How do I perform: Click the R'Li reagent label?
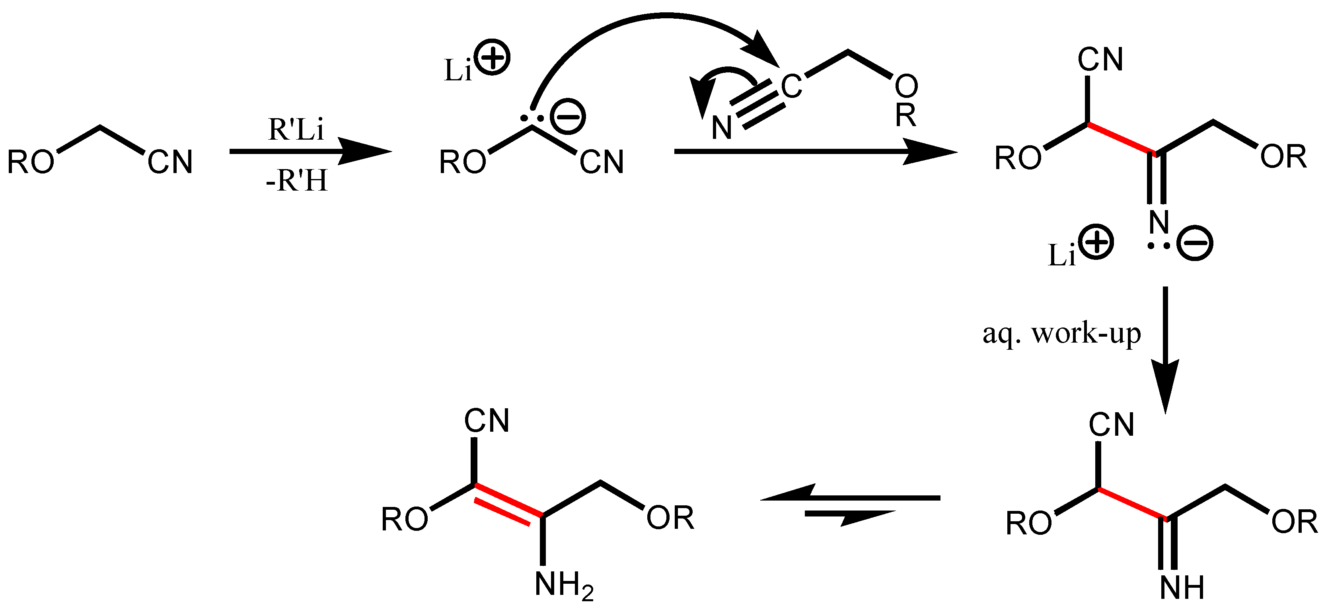(x=296, y=130)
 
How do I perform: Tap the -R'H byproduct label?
(x=296, y=181)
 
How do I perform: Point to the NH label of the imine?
(x=1182, y=587)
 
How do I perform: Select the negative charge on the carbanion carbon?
(x=568, y=117)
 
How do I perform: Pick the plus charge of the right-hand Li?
(x=1096, y=242)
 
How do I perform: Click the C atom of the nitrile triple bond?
(x=791, y=86)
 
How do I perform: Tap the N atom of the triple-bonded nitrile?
(x=722, y=127)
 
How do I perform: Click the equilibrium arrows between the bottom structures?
(x=850, y=505)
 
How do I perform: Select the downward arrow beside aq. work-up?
(x=1165, y=350)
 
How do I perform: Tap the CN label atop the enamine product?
(x=487, y=421)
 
